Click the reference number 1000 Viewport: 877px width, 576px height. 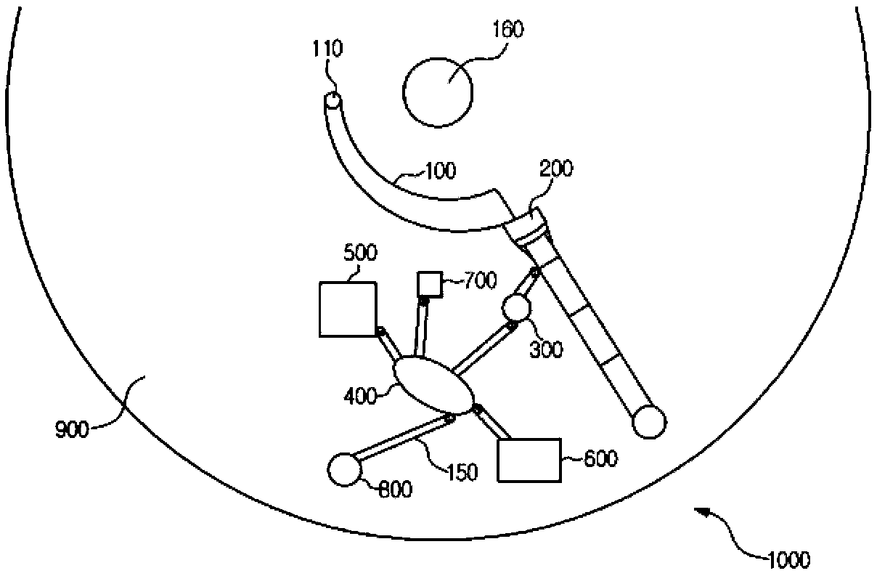(x=788, y=560)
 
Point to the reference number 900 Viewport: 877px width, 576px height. (x=73, y=430)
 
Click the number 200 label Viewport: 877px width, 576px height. (x=556, y=169)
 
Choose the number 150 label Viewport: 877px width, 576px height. (x=462, y=472)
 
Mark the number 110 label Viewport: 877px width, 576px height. (x=327, y=49)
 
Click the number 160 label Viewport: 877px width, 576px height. (x=507, y=29)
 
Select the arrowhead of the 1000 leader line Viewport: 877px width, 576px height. (x=702, y=512)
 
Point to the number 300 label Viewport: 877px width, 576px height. (x=546, y=349)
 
